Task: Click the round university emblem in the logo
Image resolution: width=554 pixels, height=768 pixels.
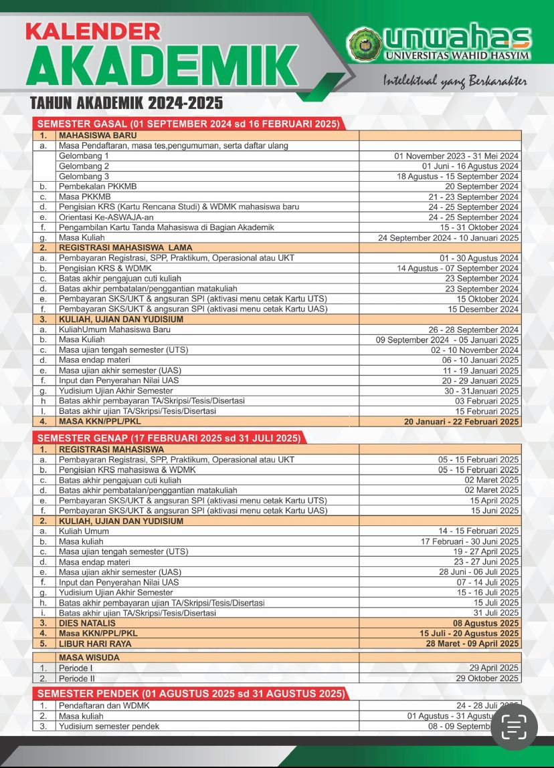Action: tap(365, 42)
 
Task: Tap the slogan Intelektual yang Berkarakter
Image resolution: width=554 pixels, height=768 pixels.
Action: tap(455, 81)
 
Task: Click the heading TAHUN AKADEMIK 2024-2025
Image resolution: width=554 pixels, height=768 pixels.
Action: tap(126, 104)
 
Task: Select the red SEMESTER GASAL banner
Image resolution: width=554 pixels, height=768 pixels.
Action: tap(189, 124)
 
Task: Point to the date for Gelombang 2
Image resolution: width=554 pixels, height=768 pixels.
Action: tap(470, 166)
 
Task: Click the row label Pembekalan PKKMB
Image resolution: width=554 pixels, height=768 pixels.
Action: tap(98, 186)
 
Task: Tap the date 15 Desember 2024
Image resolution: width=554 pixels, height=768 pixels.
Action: tap(484, 309)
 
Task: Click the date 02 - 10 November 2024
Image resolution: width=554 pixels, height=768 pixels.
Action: tap(474, 350)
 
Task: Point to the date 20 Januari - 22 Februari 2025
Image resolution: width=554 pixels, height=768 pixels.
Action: tap(461, 422)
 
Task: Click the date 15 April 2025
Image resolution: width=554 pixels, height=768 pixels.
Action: tap(494, 501)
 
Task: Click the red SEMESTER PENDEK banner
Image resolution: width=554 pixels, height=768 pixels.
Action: tap(191, 693)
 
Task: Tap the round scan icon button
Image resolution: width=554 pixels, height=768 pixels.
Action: tap(515, 727)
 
